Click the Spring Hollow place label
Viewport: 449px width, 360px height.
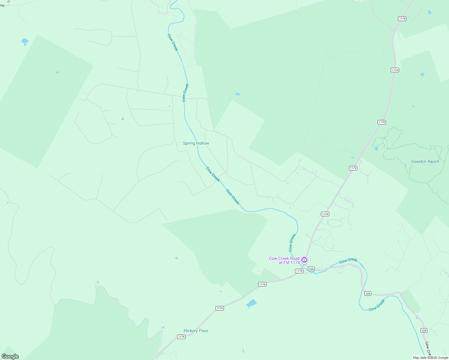(x=196, y=143)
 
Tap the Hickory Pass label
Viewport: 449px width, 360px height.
(x=196, y=331)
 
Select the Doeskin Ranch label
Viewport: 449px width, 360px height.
(x=425, y=161)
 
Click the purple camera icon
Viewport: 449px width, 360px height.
(x=304, y=260)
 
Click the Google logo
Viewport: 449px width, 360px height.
(x=10, y=356)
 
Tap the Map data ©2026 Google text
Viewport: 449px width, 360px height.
(x=430, y=358)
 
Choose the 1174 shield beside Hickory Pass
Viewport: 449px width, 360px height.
(x=181, y=337)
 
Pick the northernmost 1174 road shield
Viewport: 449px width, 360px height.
(x=402, y=19)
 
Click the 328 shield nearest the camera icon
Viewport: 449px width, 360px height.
(x=312, y=269)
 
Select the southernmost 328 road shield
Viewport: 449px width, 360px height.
(x=424, y=331)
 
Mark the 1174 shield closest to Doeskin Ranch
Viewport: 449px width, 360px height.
(x=353, y=168)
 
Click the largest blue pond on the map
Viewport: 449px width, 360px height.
(x=252, y=304)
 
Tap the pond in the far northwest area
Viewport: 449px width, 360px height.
(x=25, y=41)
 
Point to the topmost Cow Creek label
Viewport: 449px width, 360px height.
(x=173, y=43)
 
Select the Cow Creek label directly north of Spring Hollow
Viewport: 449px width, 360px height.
(x=185, y=93)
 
